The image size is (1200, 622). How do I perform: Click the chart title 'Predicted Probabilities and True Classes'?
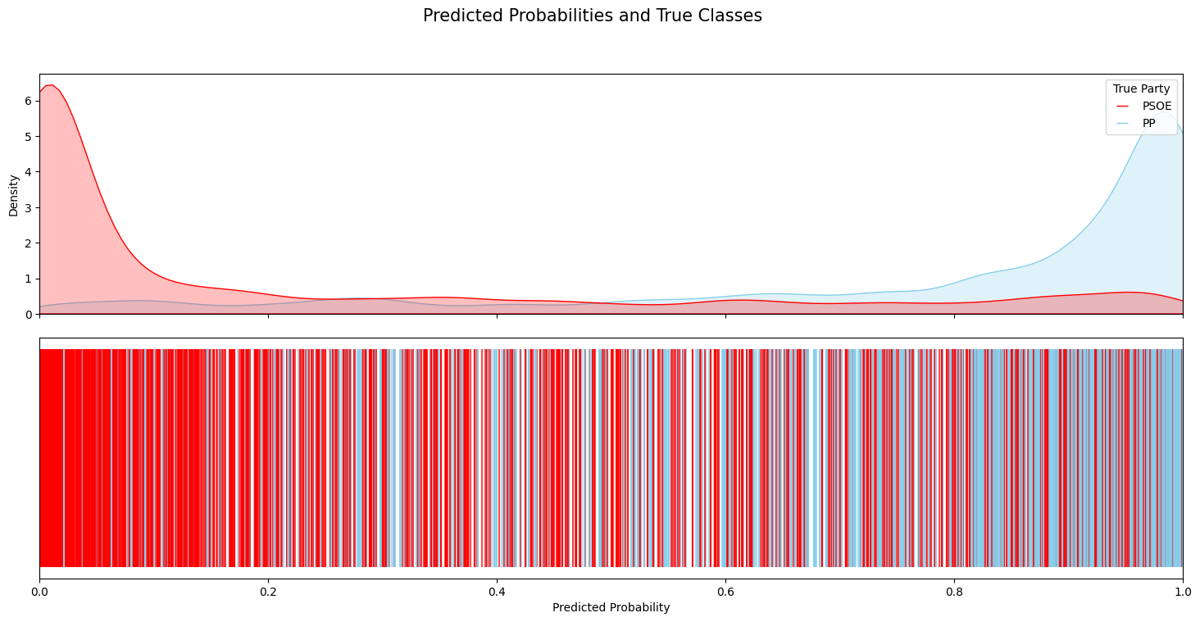[592, 16]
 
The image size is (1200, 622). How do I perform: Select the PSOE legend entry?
[1157, 106]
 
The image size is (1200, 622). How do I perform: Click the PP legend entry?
[1148, 123]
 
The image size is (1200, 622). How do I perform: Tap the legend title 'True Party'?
[1141, 89]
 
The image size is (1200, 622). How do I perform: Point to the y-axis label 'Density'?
[13, 194]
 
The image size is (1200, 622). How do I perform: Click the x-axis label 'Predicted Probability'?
[611, 607]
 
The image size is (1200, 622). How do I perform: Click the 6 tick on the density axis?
[28, 101]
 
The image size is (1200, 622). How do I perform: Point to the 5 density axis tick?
[28, 137]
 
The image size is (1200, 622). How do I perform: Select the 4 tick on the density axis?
[28, 172]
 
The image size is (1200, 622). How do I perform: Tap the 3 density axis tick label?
[28, 208]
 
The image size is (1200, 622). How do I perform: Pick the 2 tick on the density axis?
[28, 243]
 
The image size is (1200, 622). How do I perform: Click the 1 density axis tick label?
[28, 279]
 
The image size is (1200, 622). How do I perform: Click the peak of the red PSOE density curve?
[51, 85]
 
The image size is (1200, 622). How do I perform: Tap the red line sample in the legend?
[1122, 106]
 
